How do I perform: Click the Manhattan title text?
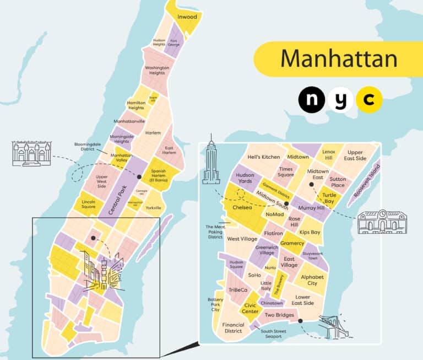pyautogui.click(x=339, y=58)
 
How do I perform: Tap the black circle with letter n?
pyautogui.click(x=312, y=100)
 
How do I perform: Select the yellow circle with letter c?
pyautogui.click(x=369, y=100)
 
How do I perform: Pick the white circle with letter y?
pyautogui.click(x=340, y=100)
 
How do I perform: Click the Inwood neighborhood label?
pyautogui.click(x=187, y=17)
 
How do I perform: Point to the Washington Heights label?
pyautogui.click(x=156, y=70)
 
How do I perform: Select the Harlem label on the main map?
pyautogui.click(x=153, y=133)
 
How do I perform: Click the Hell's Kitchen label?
pyautogui.click(x=264, y=157)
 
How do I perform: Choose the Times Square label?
pyautogui.click(x=286, y=172)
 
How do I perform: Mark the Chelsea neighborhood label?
pyautogui.click(x=242, y=208)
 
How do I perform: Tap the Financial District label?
pyautogui.click(x=233, y=328)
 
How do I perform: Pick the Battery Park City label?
pyautogui.click(x=215, y=304)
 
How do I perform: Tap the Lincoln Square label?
pyautogui.click(x=88, y=205)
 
